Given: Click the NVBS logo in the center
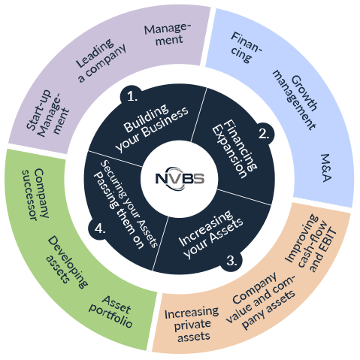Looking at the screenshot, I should [x=180, y=180].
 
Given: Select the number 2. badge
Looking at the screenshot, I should [x=264, y=134].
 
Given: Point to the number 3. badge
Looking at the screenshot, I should [x=232, y=262].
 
